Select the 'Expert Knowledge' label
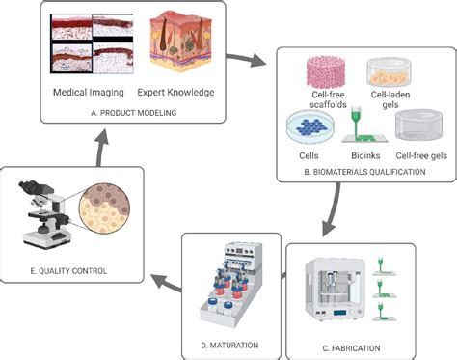click(175, 95)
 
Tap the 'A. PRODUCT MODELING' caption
click(133, 113)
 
